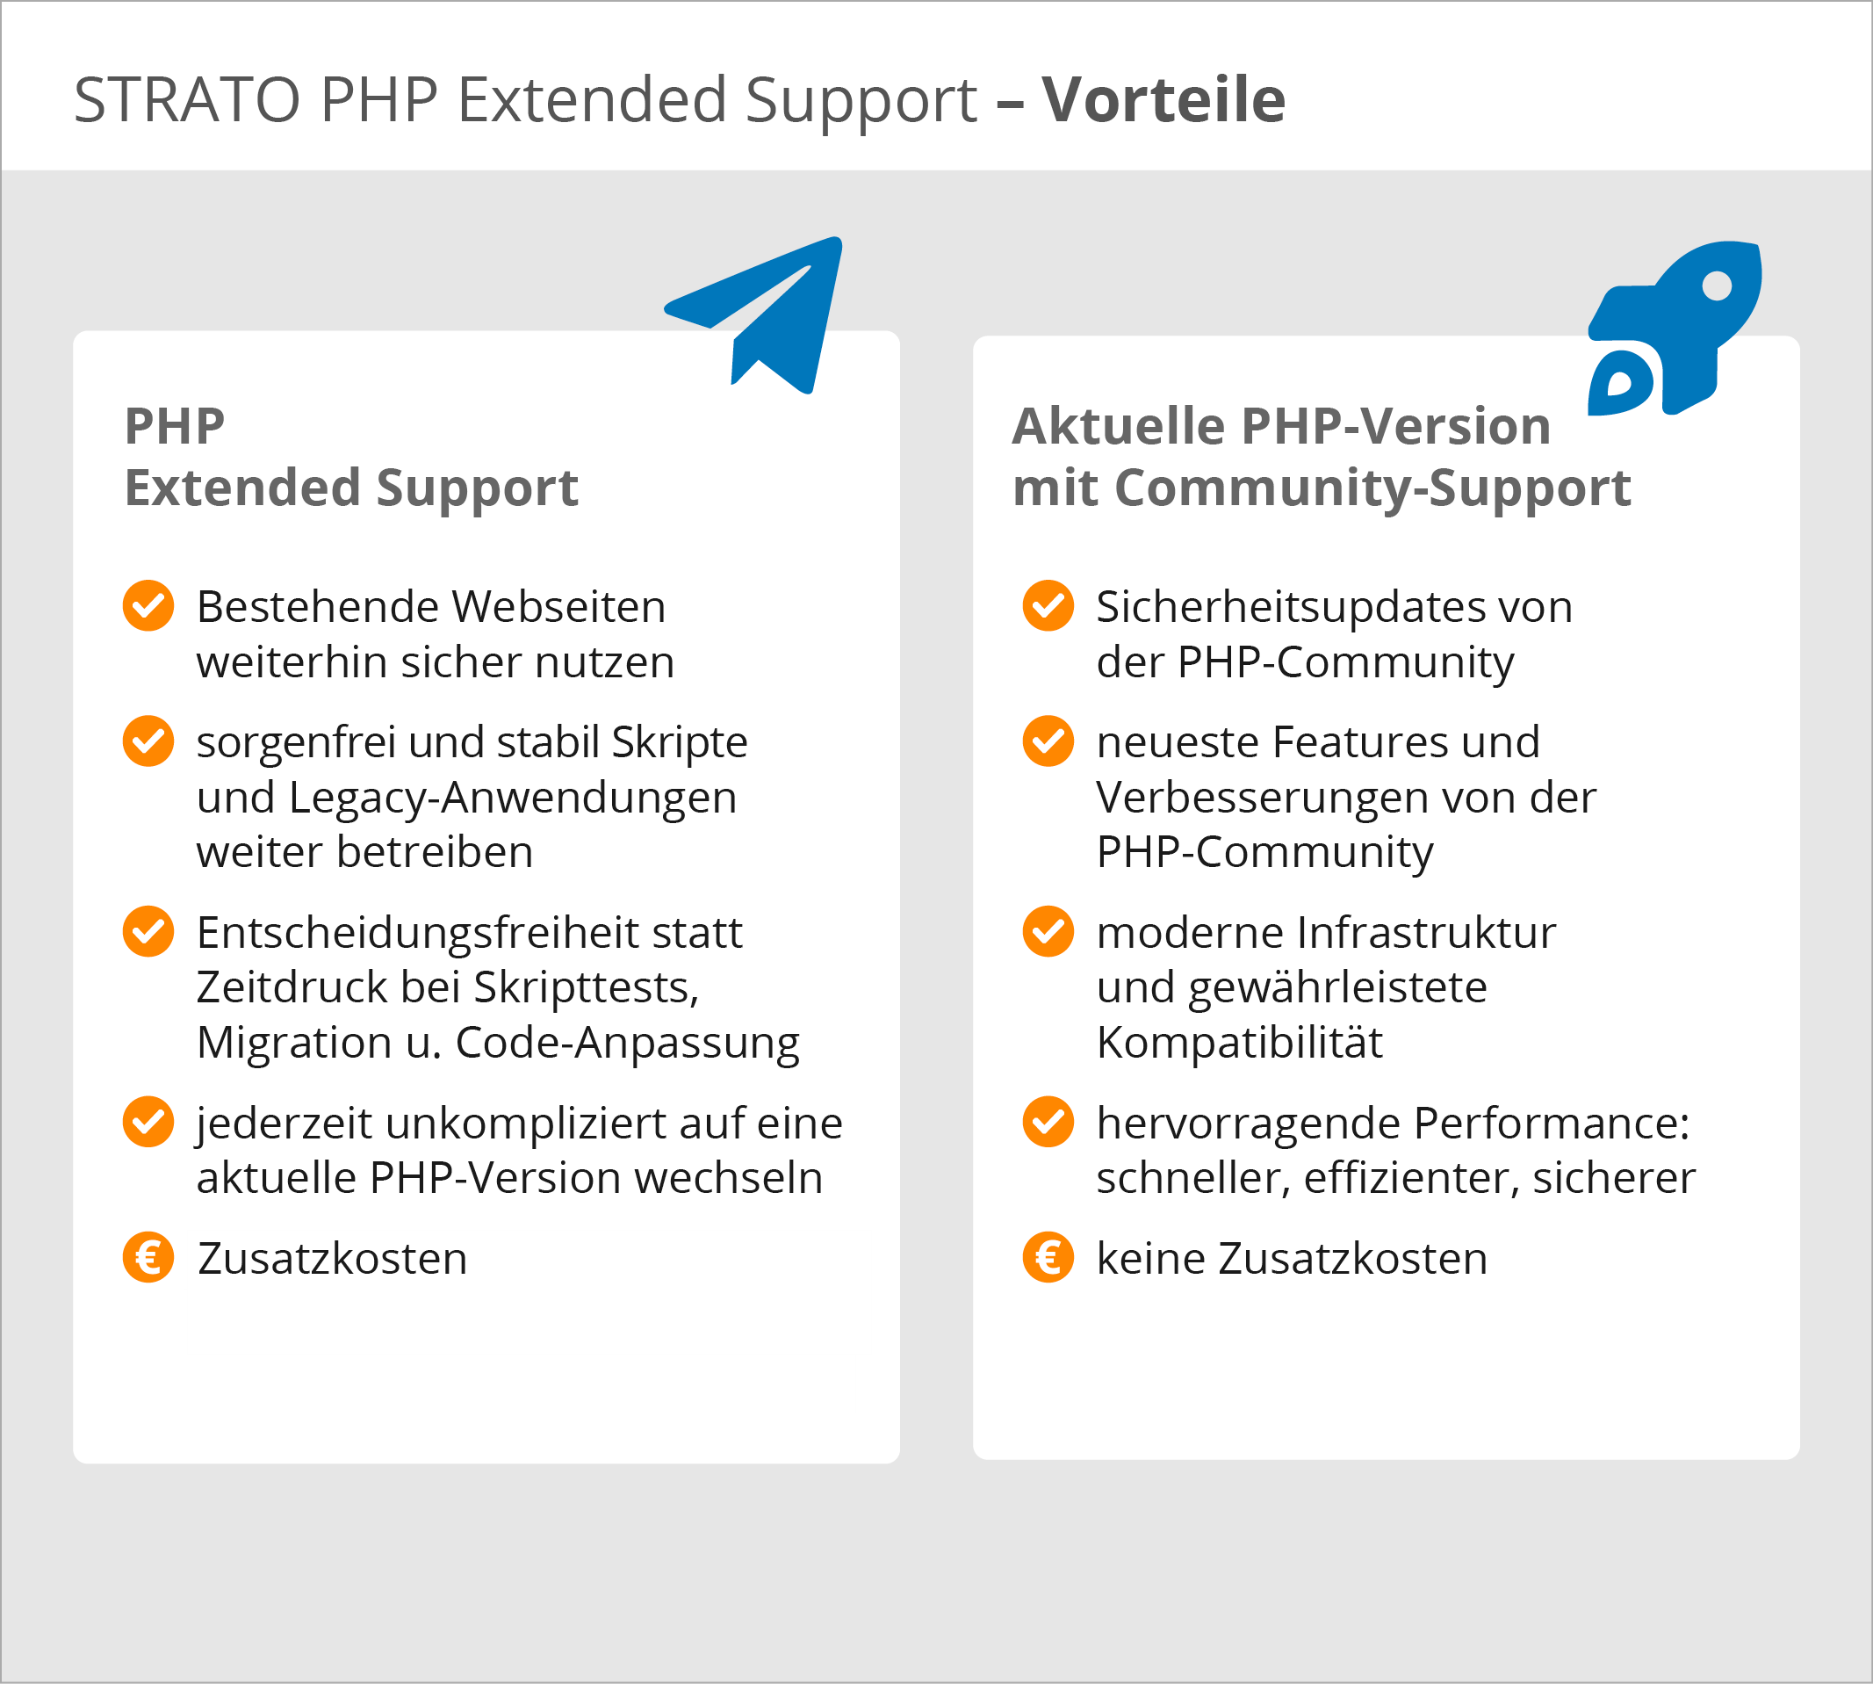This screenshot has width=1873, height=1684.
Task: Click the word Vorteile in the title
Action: [1163, 99]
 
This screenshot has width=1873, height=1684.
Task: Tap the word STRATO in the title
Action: [187, 99]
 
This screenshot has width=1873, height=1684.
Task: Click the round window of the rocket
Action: [1717, 285]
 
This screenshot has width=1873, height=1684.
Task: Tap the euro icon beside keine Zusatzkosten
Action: [1048, 1257]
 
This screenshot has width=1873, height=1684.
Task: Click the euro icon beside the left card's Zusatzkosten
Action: [148, 1257]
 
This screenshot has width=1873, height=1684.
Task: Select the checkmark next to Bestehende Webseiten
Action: [148, 606]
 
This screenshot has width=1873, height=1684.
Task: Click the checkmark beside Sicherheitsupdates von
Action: [1048, 606]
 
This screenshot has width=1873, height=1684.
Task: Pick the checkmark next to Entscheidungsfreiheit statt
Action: [148, 931]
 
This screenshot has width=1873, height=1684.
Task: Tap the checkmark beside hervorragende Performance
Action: [1048, 1122]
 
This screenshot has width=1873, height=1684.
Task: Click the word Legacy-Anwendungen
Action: [513, 798]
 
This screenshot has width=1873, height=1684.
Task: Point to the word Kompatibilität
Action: [1238, 1043]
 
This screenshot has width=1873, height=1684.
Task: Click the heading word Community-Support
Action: [1372, 488]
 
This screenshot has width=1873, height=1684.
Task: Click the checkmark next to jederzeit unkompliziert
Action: [148, 1122]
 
